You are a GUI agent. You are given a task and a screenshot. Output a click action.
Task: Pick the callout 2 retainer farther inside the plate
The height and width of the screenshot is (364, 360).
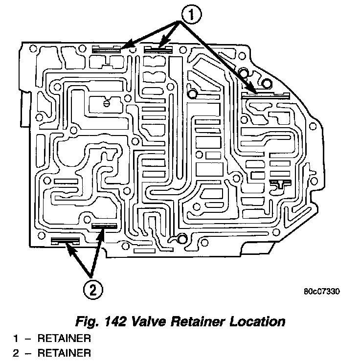pos(104,226)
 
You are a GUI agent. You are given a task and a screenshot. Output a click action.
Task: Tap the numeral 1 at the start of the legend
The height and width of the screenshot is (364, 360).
pos(16,338)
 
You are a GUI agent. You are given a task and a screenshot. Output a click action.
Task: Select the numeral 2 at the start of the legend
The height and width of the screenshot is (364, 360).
pos(16,352)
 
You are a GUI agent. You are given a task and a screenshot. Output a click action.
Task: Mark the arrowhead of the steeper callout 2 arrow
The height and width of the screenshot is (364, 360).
pos(101,231)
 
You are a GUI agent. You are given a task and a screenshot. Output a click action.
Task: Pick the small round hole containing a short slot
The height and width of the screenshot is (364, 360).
pos(107,103)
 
